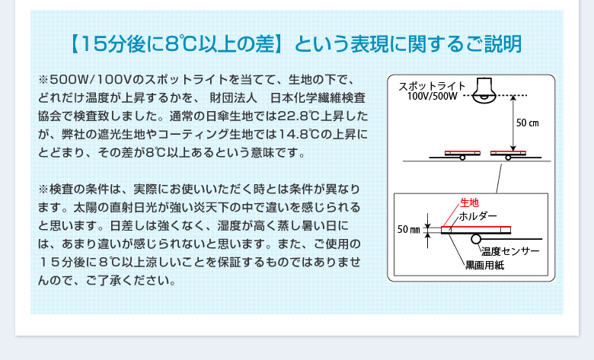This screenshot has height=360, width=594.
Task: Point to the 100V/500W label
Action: [431, 97]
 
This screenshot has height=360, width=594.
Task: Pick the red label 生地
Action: [469, 203]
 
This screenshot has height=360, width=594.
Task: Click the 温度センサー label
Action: [509, 251]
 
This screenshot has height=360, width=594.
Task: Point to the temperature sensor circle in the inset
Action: [476, 239]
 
